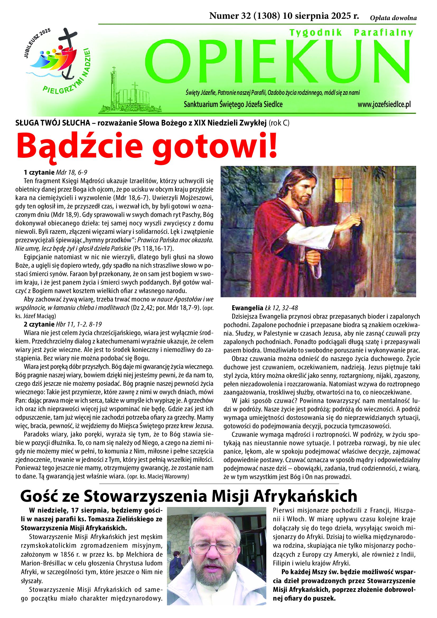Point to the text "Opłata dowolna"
[393, 18]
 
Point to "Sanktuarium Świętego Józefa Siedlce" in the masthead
[233, 104]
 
